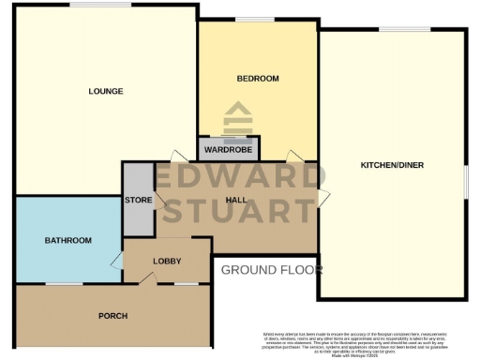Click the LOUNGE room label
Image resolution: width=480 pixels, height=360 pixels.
click(106, 91)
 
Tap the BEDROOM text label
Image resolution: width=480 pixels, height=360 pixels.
click(257, 78)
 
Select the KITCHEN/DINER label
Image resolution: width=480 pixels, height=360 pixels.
click(392, 166)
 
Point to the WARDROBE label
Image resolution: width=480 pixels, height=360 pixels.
click(228, 149)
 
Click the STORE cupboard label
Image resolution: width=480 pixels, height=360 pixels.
click(138, 200)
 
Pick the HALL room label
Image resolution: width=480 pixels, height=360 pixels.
click(240, 200)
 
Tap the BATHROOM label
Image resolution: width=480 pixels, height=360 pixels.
click(68, 241)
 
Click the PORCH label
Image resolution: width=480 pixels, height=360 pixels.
click(112, 315)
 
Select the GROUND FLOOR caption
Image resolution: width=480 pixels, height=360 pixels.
click(271, 270)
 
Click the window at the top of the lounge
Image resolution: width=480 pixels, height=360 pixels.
click(86, 6)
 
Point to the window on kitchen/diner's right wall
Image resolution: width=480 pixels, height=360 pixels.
click(465, 180)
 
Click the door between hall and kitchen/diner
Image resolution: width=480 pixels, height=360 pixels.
click(322, 197)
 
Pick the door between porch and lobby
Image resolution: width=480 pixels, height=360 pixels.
click(144, 279)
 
